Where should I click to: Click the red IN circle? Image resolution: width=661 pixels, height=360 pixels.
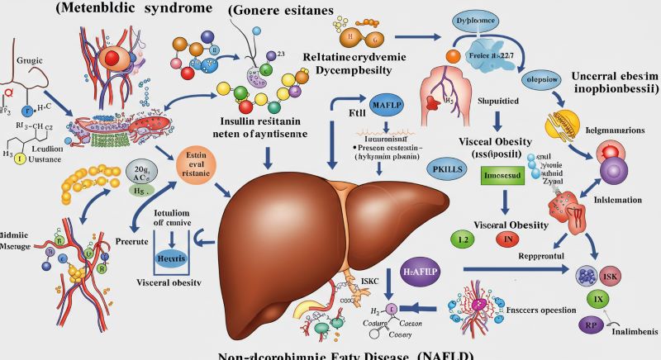point(506,239)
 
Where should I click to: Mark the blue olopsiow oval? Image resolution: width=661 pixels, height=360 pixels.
point(544,81)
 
